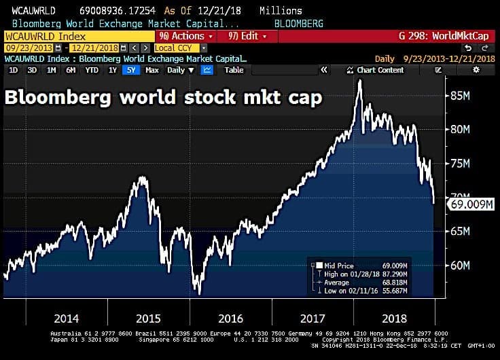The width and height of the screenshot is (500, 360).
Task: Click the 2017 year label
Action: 311,319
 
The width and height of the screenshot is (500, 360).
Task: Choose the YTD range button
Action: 92,70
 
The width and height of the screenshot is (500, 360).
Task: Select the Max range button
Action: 152,70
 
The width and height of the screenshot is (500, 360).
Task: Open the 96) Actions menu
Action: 185,36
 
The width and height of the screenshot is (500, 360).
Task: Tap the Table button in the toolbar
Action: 234,70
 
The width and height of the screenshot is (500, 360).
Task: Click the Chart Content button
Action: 376,70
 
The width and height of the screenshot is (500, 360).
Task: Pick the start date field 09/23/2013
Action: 28,48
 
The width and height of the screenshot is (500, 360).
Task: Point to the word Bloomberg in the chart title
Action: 58,97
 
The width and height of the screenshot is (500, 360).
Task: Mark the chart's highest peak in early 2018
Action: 359,81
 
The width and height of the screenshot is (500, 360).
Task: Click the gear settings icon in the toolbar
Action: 476,70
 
